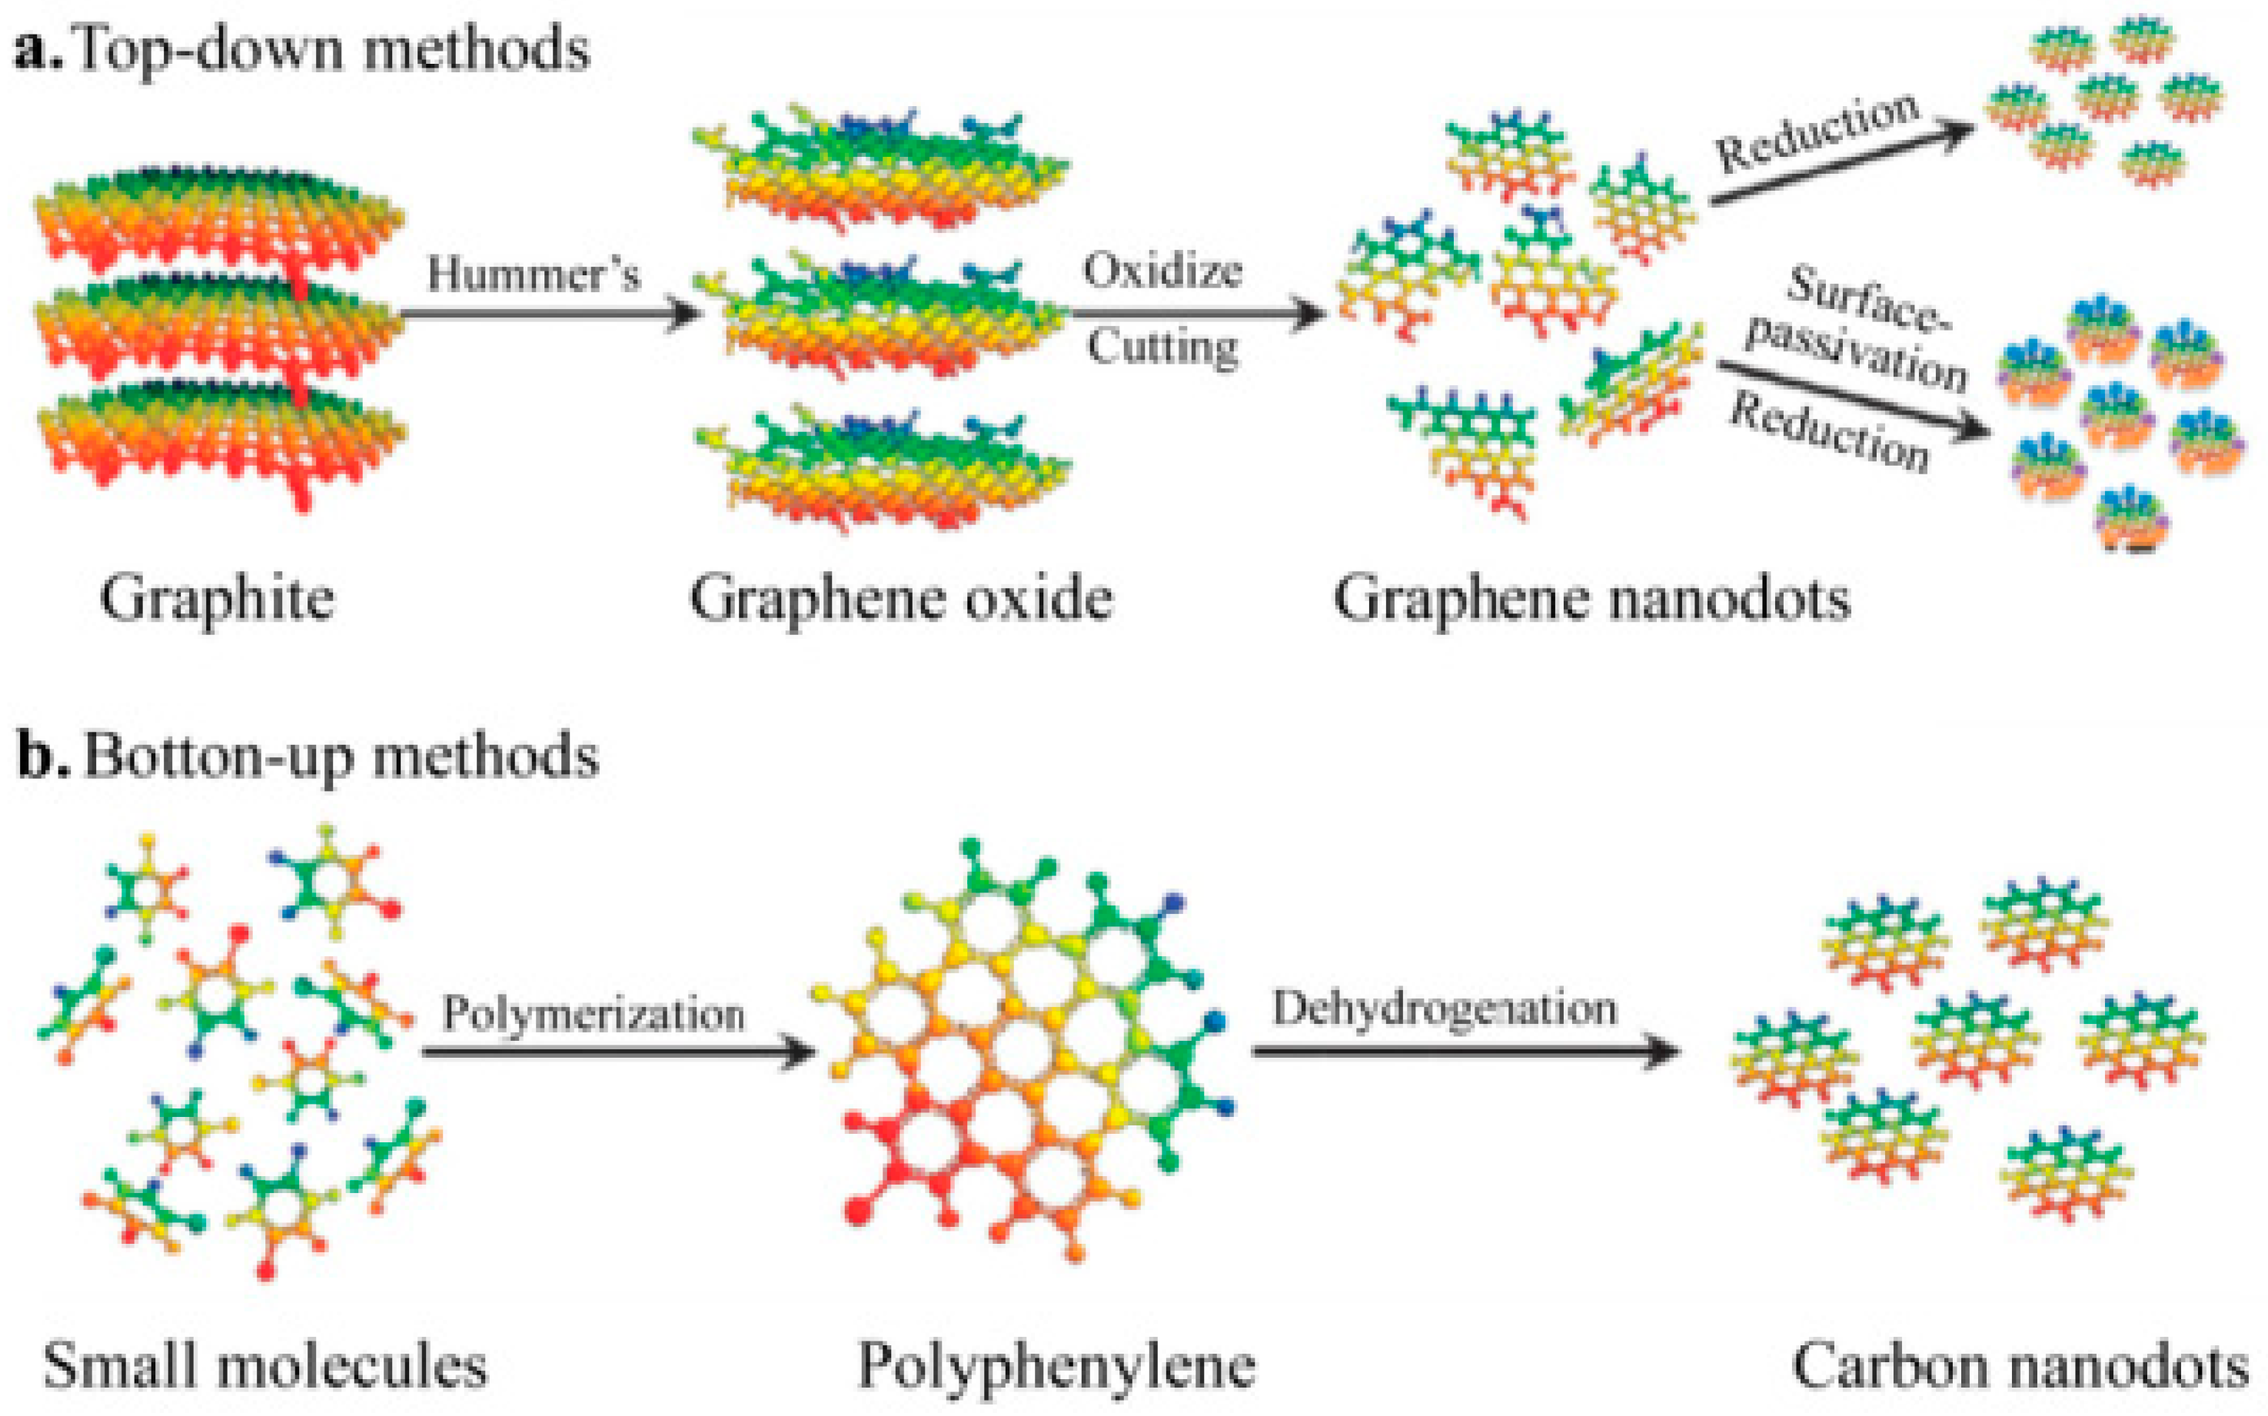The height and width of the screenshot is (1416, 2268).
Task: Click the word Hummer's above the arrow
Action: [x=534, y=274]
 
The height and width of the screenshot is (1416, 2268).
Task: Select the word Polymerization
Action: [x=594, y=1014]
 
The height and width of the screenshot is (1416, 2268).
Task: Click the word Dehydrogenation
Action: [x=1444, y=1009]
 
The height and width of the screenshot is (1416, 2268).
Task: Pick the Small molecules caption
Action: [x=266, y=1365]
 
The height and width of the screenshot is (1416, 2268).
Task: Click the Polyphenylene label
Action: [x=1056, y=1365]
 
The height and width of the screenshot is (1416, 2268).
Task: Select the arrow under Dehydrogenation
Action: [x=1465, y=1051]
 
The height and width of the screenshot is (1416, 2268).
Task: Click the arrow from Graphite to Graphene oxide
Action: [x=553, y=314]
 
